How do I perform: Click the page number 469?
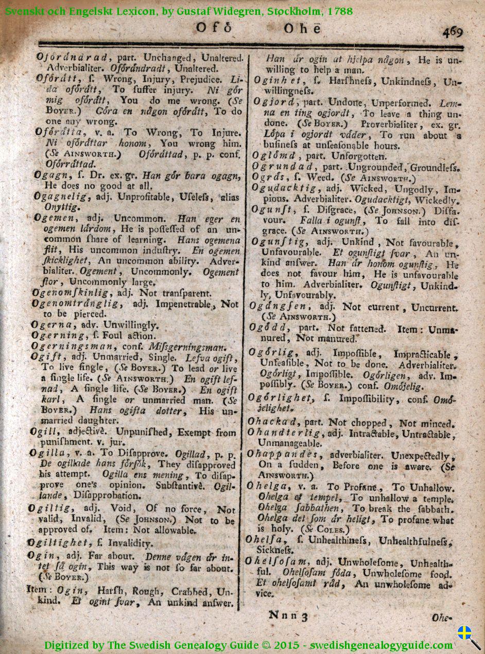452,32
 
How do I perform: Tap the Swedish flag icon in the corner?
465,632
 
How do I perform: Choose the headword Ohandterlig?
285,433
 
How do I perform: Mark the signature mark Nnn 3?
288,615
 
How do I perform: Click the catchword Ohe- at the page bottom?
441,617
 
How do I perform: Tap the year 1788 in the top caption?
339,11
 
